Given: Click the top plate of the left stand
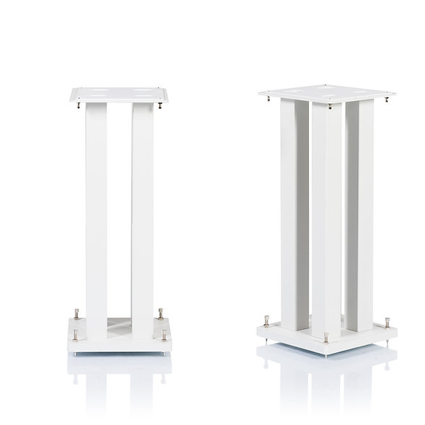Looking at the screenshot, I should pyautogui.click(x=119, y=94).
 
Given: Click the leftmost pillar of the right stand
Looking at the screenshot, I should pyautogui.click(x=288, y=209).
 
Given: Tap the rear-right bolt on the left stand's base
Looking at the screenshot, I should pyautogui.click(x=160, y=314).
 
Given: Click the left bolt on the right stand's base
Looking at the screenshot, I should pyautogui.click(x=267, y=321).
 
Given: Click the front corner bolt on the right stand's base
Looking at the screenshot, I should pyautogui.click(x=327, y=337).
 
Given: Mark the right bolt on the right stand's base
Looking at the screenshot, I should pyautogui.click(x=387, y=321).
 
